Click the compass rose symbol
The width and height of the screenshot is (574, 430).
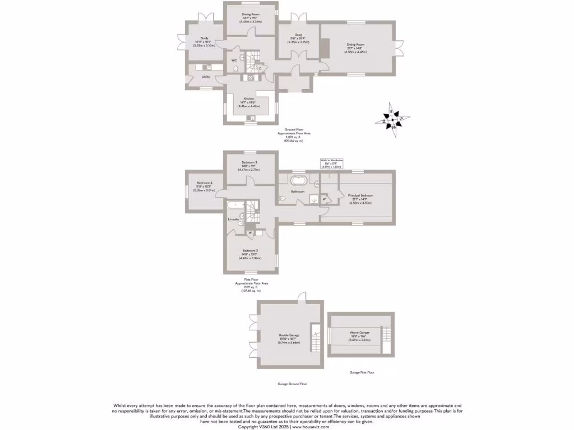point(393,119)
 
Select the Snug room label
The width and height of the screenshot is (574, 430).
point(299,35)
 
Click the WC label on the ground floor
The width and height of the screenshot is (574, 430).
point(233,60)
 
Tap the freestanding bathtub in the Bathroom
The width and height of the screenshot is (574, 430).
point(298,181)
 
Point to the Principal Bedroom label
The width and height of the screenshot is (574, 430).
point(357,195)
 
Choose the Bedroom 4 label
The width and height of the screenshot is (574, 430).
point(204,183)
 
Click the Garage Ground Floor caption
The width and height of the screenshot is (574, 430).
point(292,384)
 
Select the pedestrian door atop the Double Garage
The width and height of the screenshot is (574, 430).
point(302,300)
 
